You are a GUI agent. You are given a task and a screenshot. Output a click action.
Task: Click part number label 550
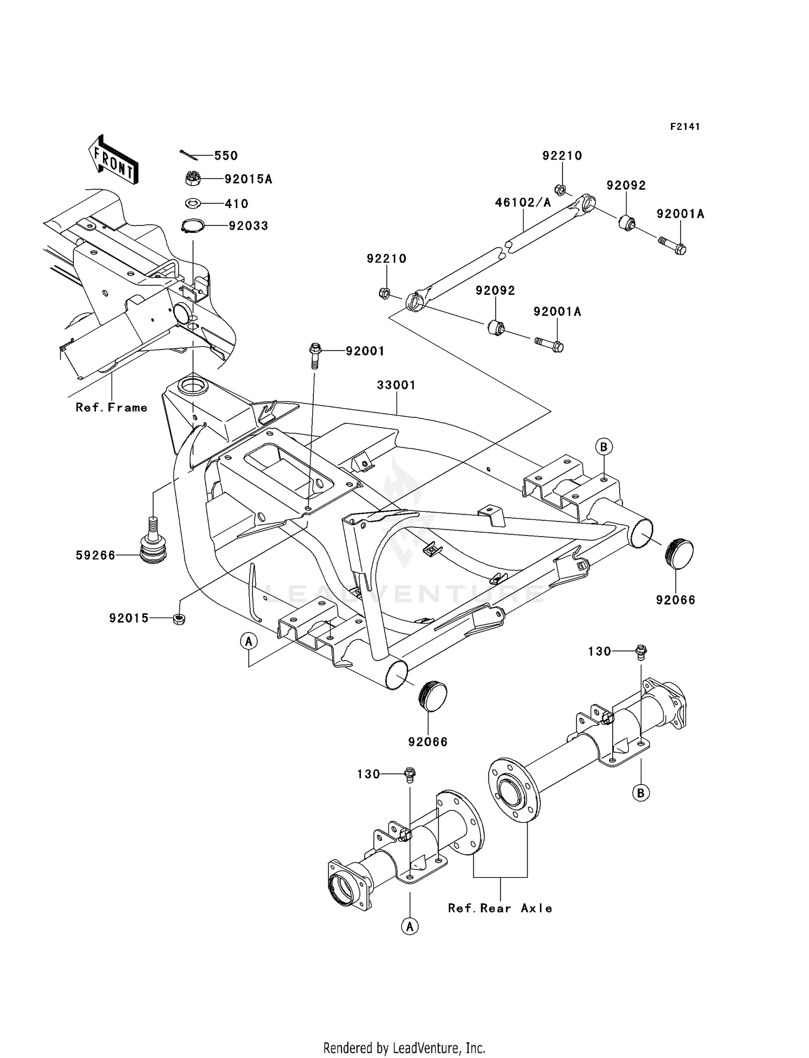(x=226, y=156)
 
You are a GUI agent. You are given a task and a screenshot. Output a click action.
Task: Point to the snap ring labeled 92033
(x=193, y=226)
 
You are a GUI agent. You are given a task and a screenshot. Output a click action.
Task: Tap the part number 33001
(x=396, y=385)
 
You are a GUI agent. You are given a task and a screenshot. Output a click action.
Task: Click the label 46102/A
(x=523, y=203)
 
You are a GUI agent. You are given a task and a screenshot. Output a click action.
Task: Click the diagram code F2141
(x=685, y=127)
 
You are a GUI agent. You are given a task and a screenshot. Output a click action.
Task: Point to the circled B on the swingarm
(x=604, y=446)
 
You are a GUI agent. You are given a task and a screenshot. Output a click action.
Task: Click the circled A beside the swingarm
(x=249, y=641)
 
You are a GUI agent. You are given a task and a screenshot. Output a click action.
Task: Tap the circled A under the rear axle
(x=410, y=926)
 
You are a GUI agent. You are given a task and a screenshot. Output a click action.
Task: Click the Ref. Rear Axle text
(x=500, y=909)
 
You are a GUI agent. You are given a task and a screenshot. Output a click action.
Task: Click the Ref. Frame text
(x=112, y=408)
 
